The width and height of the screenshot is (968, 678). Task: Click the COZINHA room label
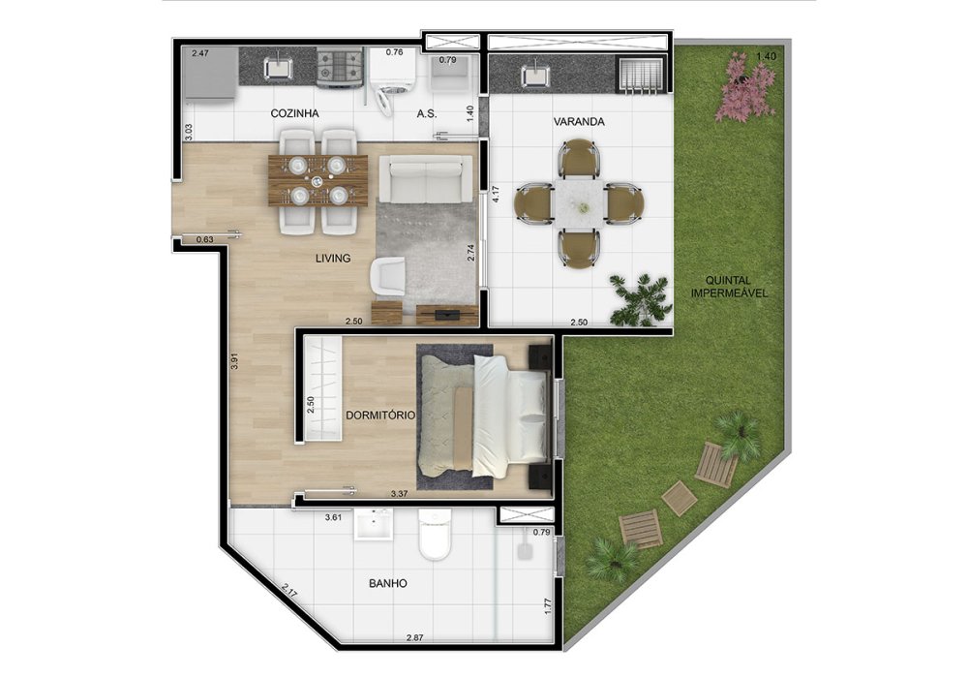(294, 113)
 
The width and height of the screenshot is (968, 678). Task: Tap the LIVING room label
(333, 258)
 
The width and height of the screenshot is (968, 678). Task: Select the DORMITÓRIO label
(380, 416)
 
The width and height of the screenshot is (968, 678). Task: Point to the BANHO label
(388, 583)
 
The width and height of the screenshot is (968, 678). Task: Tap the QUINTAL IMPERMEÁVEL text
(729, 287)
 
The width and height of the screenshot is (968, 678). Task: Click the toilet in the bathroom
(436, 534)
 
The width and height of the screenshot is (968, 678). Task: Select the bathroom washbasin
(374, 525)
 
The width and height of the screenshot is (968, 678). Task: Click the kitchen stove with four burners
(339, 67)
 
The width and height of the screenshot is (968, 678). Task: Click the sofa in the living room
(425, 179)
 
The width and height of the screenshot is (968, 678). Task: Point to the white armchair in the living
(388, 277)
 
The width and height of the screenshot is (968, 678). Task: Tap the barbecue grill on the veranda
(641, 76)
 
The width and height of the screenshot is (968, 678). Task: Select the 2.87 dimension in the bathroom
(415, 637)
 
